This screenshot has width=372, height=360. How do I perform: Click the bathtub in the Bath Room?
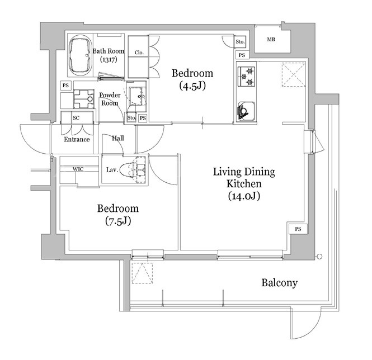[80, 55]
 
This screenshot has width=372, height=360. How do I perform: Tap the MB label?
[271, 39]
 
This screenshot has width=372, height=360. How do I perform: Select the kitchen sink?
[246, 111]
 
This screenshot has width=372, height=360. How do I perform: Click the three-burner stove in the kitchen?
[246, 77]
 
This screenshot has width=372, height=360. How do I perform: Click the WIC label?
[78, 169]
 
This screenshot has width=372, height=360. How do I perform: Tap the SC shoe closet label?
[76, 118]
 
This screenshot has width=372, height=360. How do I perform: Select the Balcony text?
[280, 283]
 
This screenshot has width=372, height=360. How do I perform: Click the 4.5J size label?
[192, 86]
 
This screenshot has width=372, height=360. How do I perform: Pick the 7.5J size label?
[118, 221]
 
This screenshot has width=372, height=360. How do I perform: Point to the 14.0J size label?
[244, 196]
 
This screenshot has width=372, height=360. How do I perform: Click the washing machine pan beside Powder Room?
[83, 99]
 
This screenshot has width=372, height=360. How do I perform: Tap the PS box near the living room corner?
[298, 229]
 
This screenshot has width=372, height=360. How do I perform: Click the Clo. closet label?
[139, 53]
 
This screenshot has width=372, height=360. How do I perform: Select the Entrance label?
[77, 139]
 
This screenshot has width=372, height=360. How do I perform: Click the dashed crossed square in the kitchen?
[294, 74]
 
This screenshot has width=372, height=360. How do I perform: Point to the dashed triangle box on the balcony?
[142, 273]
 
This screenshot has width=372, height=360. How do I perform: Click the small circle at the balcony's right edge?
[319, 257]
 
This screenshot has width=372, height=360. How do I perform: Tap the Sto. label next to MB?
[240, 42]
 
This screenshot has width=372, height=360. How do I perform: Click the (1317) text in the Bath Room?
[109, 59]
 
